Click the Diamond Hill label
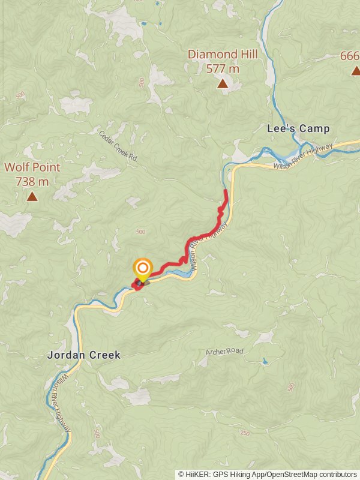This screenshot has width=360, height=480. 223,55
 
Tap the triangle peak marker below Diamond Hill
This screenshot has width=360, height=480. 223,84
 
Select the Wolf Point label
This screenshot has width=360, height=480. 32,167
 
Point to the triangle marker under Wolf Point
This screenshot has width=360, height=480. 32,196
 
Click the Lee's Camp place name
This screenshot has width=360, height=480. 298,128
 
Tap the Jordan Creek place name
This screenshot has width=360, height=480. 83,355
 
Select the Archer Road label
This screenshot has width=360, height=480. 224,352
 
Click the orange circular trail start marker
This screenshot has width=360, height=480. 143,269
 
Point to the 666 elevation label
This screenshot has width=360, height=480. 349,56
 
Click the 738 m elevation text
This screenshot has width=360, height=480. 32,181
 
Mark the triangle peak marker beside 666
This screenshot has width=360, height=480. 356,71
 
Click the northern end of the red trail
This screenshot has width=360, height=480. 226,191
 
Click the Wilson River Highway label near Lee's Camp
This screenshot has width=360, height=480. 303,158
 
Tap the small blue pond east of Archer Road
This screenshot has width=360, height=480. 265,362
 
